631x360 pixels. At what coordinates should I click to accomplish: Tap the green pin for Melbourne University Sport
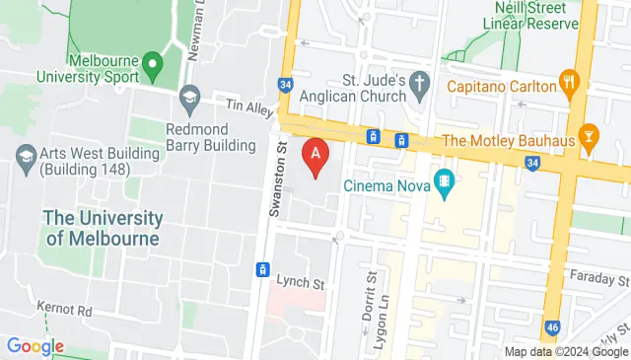pyautogui.click(x=151, y=67)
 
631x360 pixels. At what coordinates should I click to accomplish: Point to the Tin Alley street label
pyautogui.click(x=247, y=104)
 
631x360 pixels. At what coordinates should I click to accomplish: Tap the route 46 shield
pyautogui.click(x=553, y=325)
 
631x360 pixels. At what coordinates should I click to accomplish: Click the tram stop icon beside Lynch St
pyautogui.click(x=263, y=268)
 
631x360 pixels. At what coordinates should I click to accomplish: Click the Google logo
pyautogui.click(x=35, y=346)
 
